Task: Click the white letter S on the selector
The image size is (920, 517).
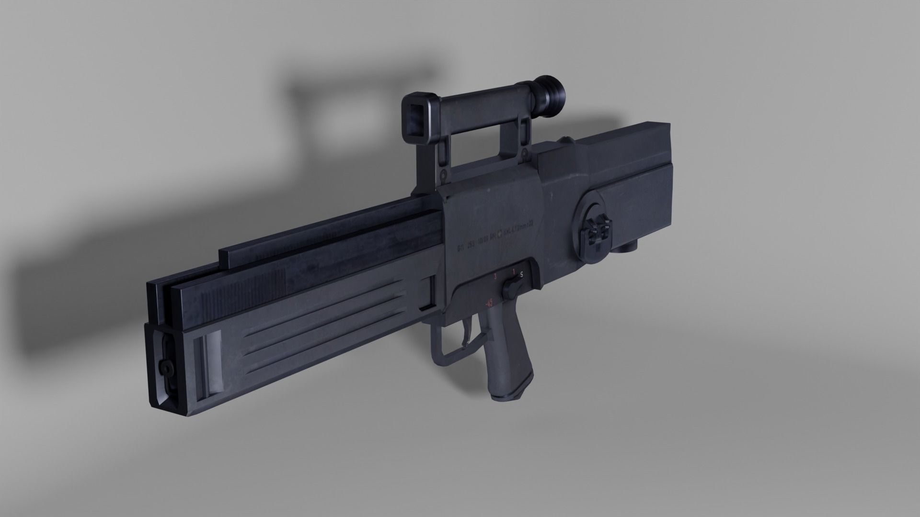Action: (x=521, y=274)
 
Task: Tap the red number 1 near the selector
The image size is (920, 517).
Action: (x=514, y=272)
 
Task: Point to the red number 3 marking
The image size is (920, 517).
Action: (x=495, y=277)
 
